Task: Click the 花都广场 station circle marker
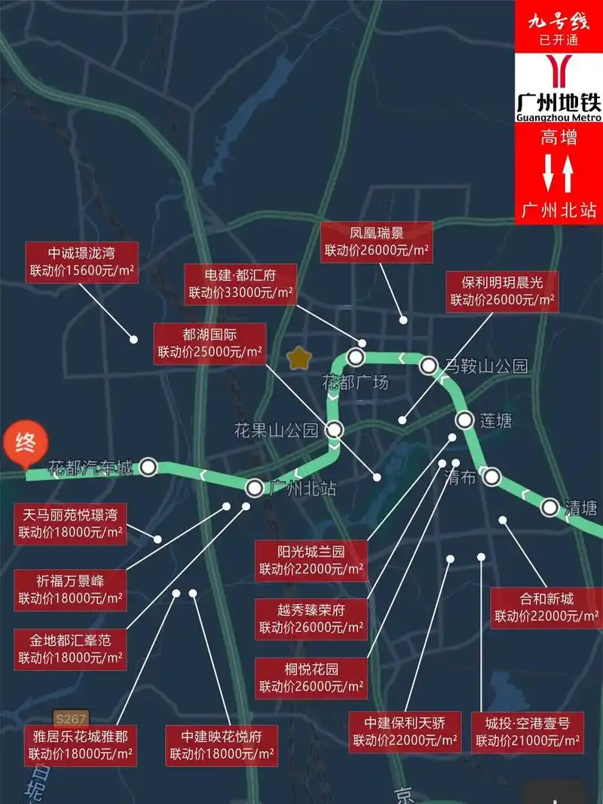coord(356,357)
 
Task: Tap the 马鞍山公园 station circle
coord(428,366)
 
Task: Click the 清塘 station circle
coord(549,507)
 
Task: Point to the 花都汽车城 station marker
coord(148,467)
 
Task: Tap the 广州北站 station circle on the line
coord(255,488)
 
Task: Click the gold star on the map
coord(299,357)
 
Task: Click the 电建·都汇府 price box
coord(240,284)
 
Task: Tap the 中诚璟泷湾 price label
coord(82,262)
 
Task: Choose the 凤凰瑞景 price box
coord(377,242)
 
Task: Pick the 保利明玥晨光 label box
coord(502,291)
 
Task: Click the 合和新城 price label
coord(546,608)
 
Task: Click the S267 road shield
coord(69,719)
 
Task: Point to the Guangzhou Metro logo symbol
coord(558,72)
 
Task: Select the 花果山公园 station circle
coord(335,430)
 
